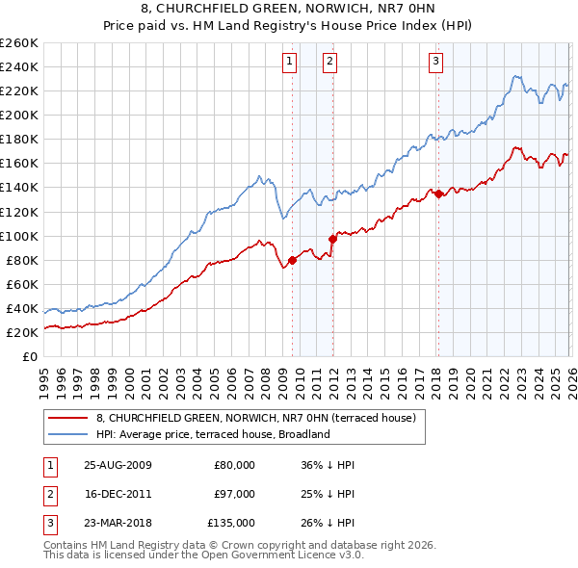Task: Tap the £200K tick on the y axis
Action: [18, 115]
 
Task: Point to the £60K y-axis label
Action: [21, 284]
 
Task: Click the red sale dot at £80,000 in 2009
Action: [292, 259]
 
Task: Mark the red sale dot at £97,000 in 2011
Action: [332, 238]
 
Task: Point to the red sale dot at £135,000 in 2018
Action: [438, 194]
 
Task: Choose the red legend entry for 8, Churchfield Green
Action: [255, 418]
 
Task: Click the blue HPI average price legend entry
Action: [213, 434]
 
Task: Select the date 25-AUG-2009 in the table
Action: [118, 464]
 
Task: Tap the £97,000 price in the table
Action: [234, 493]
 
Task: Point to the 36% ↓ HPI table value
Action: [328, 464]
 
